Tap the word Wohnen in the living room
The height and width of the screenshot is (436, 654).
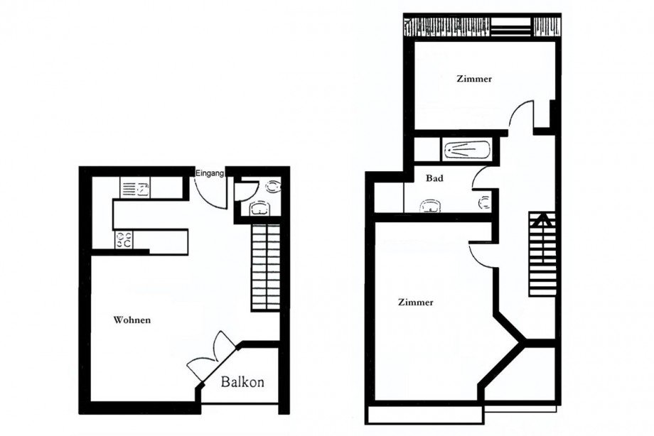pyautogui.click(x=132, y=320)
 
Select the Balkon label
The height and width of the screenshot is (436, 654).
pyautogui.click(x=242, y=383)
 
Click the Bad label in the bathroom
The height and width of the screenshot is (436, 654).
pyautogui.click(x=435, y=179)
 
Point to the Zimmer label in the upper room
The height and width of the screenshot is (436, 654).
pyautogui.click(x=474, y=80)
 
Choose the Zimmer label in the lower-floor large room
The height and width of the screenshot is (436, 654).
pyautogui.click(x=416, y=302)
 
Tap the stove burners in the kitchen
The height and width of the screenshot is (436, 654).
pyautogui.click(x=123, y=241)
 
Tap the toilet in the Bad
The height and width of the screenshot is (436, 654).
pyautogui.click(x=486, y=204)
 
